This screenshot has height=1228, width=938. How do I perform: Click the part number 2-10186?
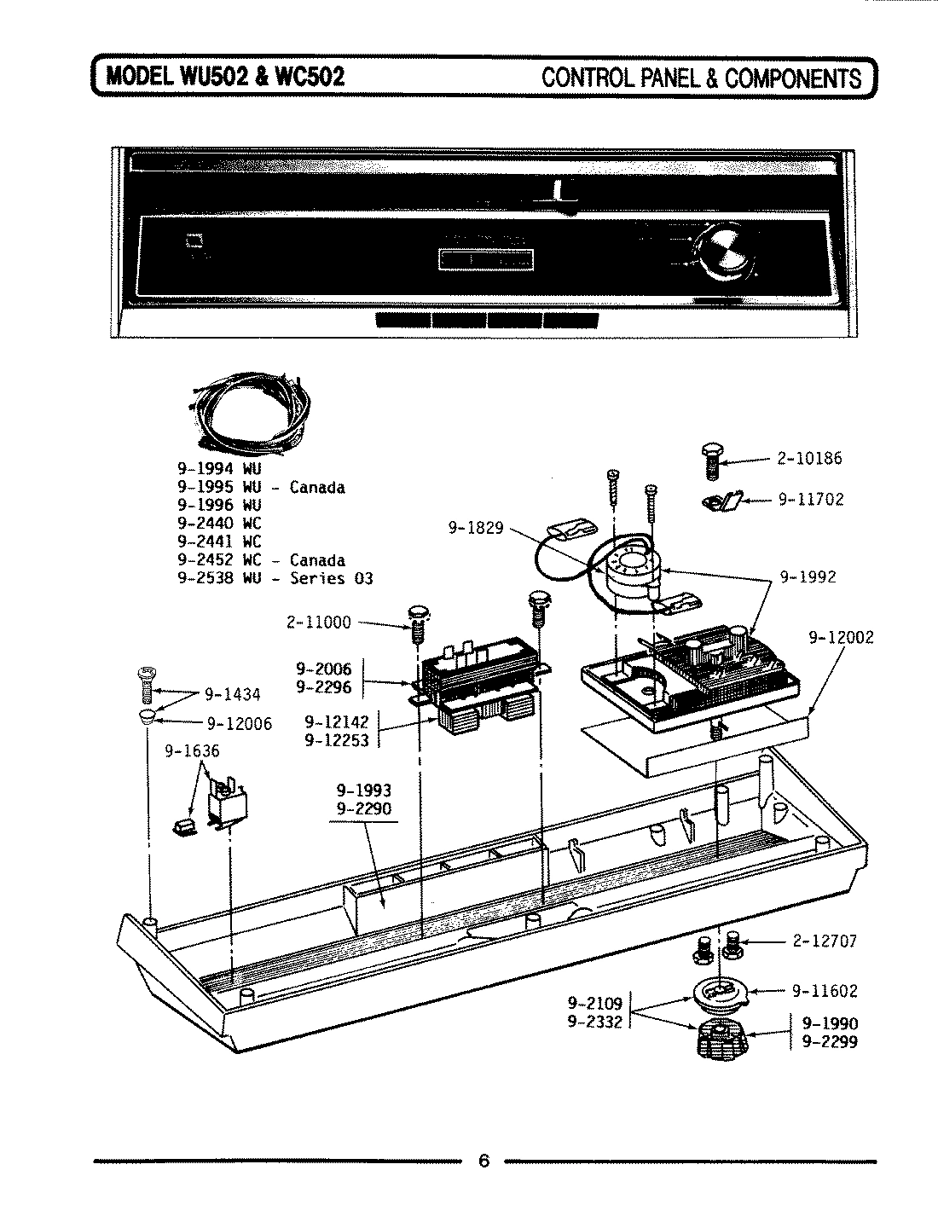[808, 459]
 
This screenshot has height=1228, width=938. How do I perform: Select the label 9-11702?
[810, 500]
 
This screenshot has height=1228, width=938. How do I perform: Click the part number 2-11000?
[318, 623]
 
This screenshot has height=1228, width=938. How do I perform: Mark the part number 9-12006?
[239, 724]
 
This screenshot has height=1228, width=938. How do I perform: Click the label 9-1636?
[191, 750]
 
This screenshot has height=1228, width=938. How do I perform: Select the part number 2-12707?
[824, 941]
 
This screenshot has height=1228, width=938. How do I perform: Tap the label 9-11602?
[825, 991]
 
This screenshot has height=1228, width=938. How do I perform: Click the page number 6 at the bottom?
[483, 1161]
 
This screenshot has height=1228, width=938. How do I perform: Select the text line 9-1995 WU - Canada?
[261, 488]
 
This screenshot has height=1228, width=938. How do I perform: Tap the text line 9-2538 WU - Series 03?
[275, 578]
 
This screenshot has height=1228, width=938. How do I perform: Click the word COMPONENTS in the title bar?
[794, 78]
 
